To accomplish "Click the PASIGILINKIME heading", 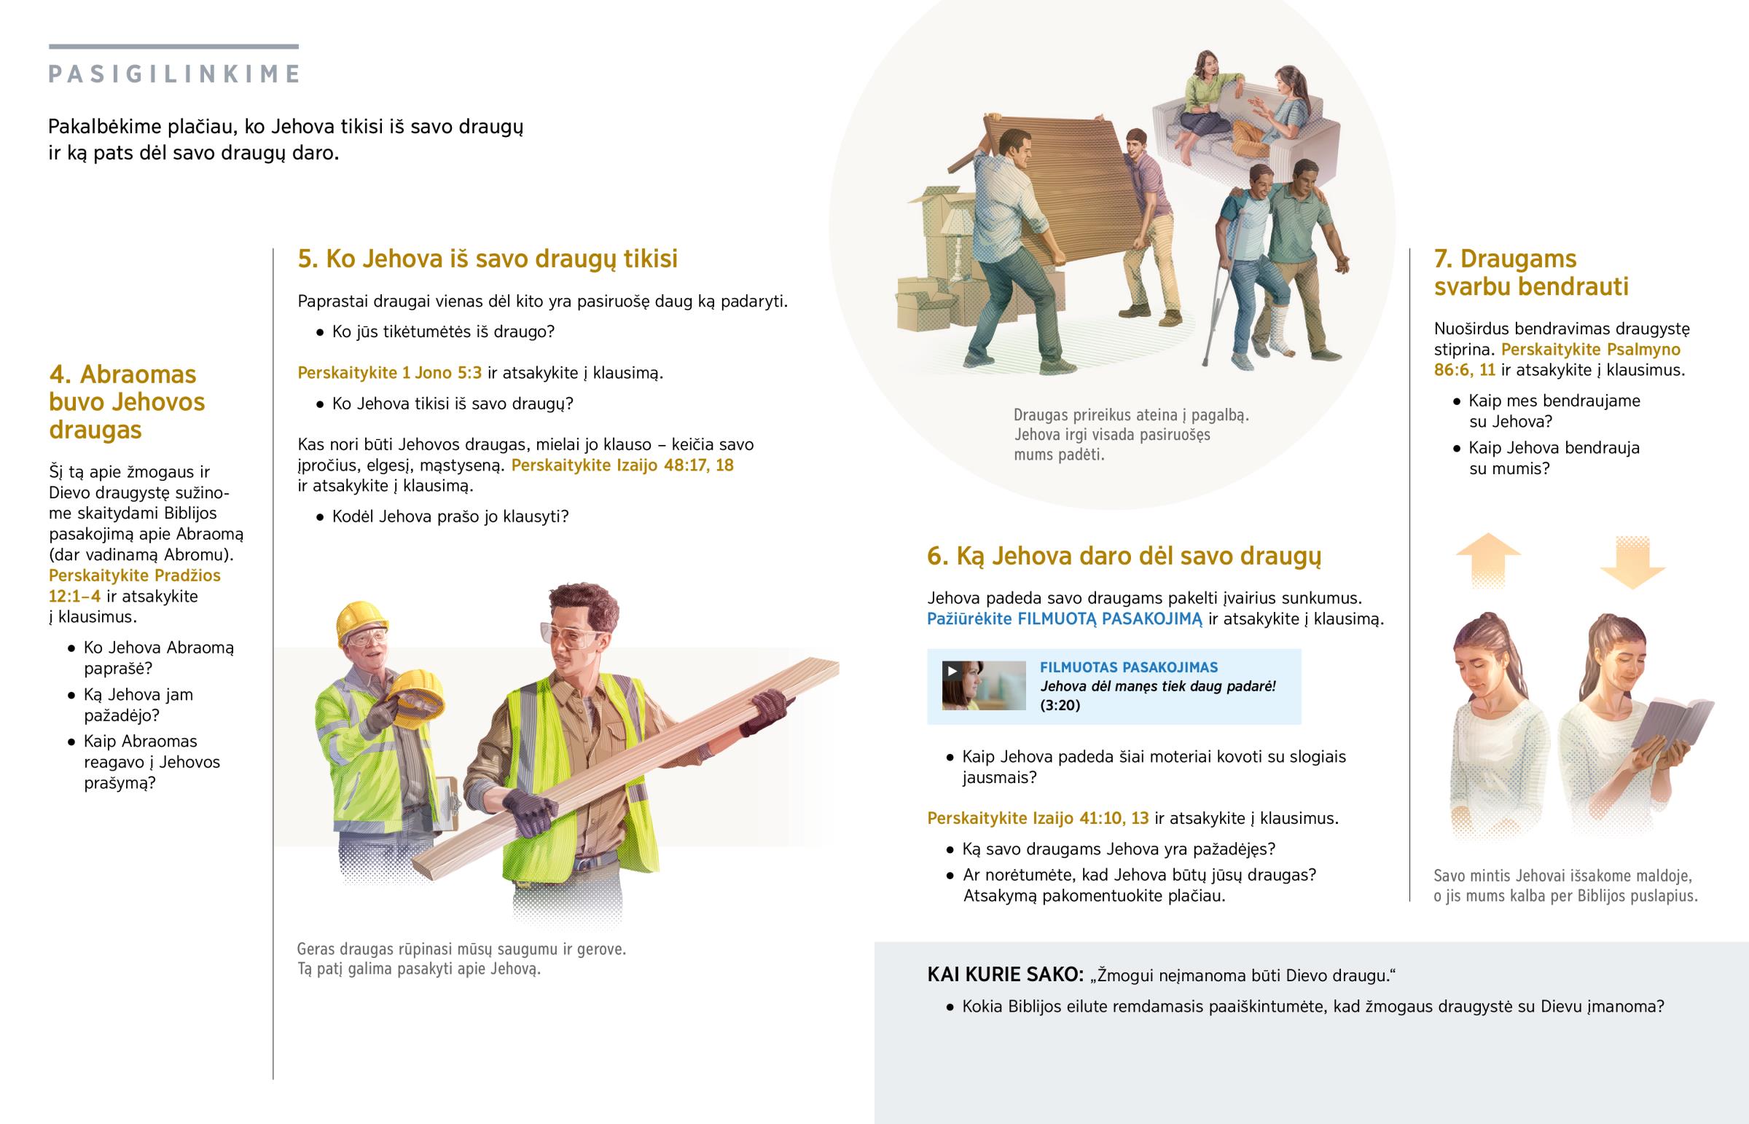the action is click(x=173, y=74).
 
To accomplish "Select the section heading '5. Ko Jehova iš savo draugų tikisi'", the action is click(x=488, y=259).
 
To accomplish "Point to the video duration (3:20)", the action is click(x=1060, y=705).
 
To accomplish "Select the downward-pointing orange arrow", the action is click(x=1633, y=563).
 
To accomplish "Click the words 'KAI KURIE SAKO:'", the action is click(x=1005, y=975).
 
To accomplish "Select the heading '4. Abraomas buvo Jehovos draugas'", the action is click(x=127, y=402).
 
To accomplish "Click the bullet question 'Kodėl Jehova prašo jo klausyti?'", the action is click(x=450, y=516).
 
